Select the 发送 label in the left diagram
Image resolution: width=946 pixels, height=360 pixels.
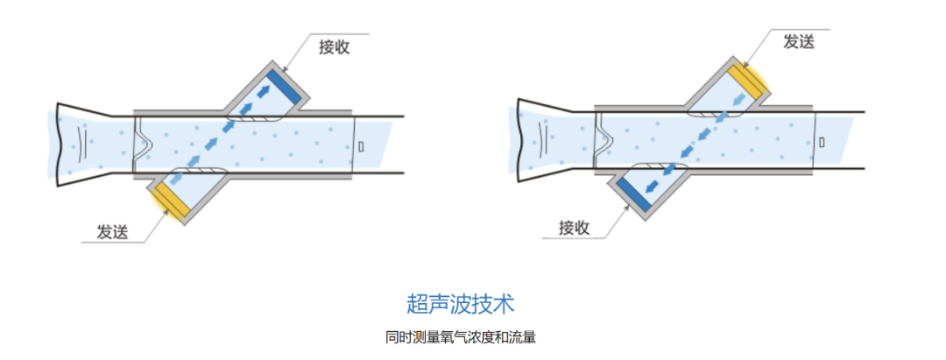[112, 232]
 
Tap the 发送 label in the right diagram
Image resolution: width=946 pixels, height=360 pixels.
[798, 41]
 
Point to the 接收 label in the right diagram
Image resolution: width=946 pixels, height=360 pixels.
[574, 229]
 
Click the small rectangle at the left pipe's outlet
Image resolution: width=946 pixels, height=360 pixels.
[361, 145]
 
